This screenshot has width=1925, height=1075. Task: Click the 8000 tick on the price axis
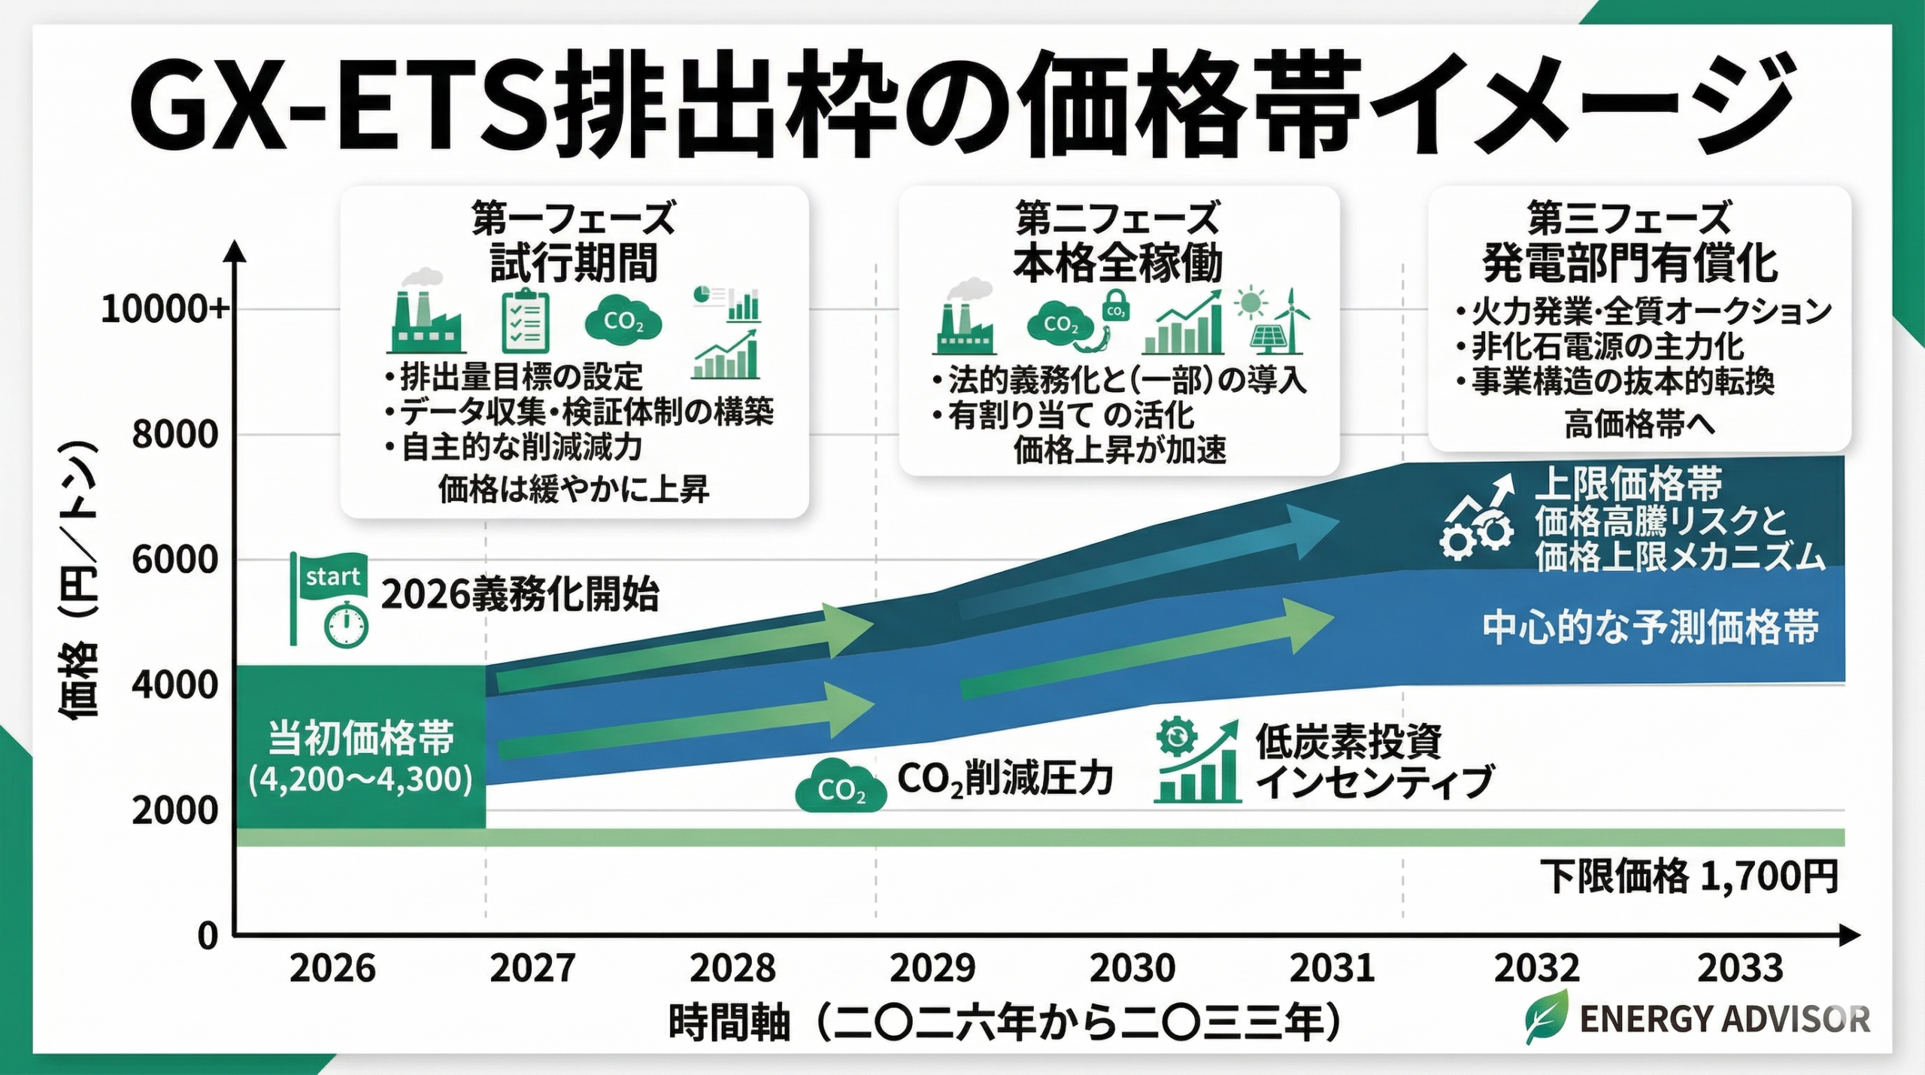click(174, 435)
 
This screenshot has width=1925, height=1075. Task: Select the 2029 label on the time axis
click(932, 968)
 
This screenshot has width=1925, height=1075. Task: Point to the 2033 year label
click(1740, 968)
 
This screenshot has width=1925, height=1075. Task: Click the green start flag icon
click(329, 579)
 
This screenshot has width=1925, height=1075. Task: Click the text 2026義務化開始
click(520, 595)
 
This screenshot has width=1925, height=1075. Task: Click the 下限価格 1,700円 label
click(1689, 876)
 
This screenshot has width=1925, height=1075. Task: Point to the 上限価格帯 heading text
click(1628, 484)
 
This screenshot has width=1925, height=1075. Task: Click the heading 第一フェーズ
click(573, 219)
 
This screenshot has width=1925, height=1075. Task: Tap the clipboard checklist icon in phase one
click(525, 322)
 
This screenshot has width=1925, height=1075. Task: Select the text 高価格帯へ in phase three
click(1639, 425)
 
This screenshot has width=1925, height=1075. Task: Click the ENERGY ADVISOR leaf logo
click(1548, 1017)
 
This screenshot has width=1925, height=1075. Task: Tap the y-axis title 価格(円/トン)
click(78, 579)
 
